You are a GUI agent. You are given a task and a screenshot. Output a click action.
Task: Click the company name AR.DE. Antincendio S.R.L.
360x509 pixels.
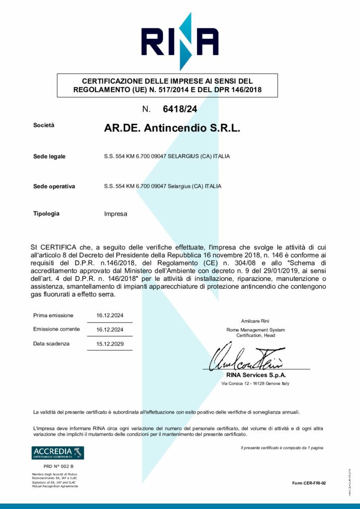[x=172, y=128]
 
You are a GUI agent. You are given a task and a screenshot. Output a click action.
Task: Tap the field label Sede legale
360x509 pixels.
[x=49, y=157]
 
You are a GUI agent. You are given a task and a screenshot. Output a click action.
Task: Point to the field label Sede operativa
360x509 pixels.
[x=54, y=186]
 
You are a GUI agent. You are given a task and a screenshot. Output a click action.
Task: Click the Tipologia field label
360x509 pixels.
[x=46, y=214]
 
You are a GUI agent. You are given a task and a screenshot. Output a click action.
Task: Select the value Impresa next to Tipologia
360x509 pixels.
[x=116, y=214]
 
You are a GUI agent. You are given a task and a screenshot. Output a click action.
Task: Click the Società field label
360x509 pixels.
[x=44, y=126]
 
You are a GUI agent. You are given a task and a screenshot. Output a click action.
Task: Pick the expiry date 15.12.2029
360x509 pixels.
[x=110, y=344]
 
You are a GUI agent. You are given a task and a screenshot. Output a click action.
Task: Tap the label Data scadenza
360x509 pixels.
[x=51, y=343]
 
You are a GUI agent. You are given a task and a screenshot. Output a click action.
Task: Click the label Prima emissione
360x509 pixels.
[x=53, y=315]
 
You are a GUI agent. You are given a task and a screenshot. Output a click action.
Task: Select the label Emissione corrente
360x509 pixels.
[x=56, y=329]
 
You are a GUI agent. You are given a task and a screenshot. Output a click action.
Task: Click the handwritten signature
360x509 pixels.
[x=246, y=357]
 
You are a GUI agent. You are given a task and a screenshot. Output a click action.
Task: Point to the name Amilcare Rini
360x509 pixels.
[x=255, y=321]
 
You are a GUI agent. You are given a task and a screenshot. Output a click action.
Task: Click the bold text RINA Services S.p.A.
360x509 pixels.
[x=256, y=375]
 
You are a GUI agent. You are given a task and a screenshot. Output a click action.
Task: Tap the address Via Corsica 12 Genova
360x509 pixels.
[x=255, y=384]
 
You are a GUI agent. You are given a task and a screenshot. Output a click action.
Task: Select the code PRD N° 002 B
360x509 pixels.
[x=58, y=466]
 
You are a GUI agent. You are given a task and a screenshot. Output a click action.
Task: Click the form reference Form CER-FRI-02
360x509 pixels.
[x=309, y=483]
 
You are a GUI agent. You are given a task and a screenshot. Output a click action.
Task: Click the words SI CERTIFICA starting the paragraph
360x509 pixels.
[x=54, y=247]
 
